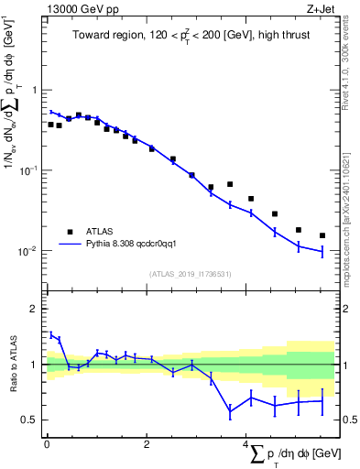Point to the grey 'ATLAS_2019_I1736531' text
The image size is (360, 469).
click(191, 274)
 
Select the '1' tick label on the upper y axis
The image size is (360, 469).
click(35, 90)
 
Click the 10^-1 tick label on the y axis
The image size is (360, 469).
click(29, 170)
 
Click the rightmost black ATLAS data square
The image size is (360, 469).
click(322, 235)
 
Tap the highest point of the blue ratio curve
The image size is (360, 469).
click(51, 334)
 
